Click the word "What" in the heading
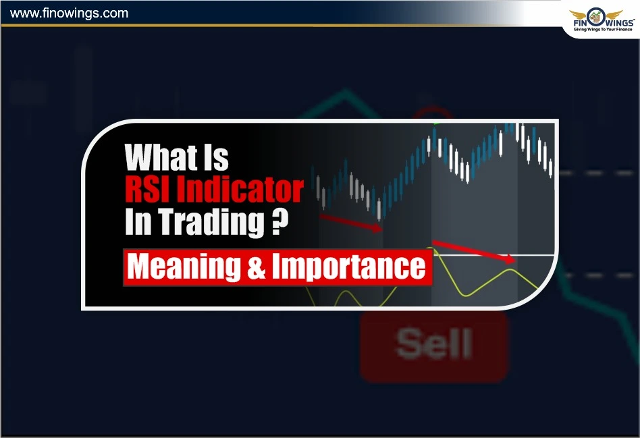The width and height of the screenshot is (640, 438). click(156, 158)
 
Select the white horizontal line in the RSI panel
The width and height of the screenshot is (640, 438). click(493, 255)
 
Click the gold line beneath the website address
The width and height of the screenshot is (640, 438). click(270, 25)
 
